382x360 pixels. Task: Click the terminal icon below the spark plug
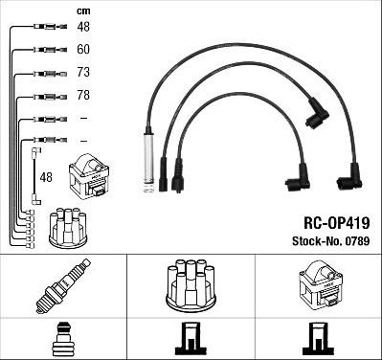(63, 339)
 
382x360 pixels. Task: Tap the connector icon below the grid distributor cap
(191, 339)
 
